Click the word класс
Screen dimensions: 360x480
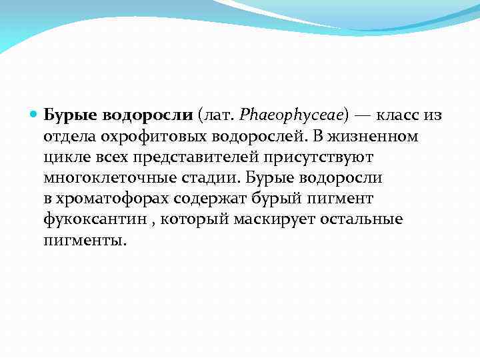399,115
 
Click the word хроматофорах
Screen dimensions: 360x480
113,199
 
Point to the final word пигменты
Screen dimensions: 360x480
84,241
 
